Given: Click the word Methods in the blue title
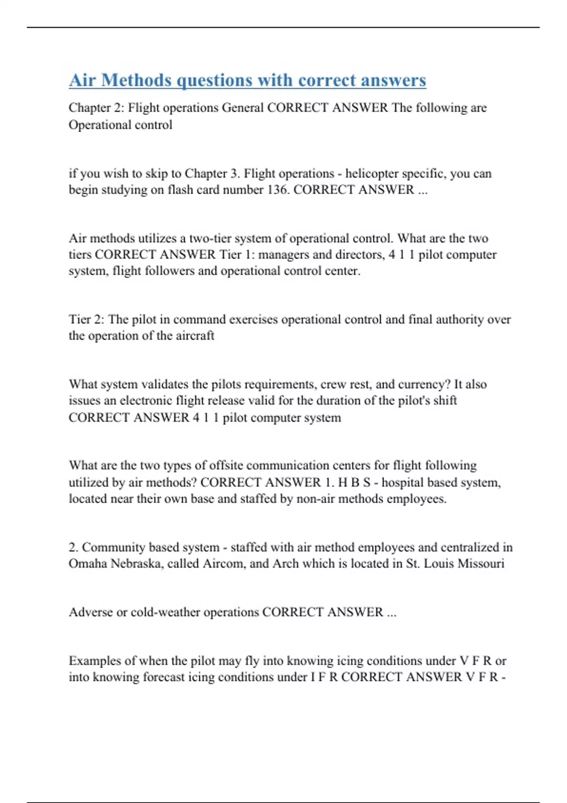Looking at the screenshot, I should click(136, 80).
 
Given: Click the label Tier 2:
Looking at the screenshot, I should click(86, 319).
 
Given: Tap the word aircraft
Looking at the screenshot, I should click(195, 336).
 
